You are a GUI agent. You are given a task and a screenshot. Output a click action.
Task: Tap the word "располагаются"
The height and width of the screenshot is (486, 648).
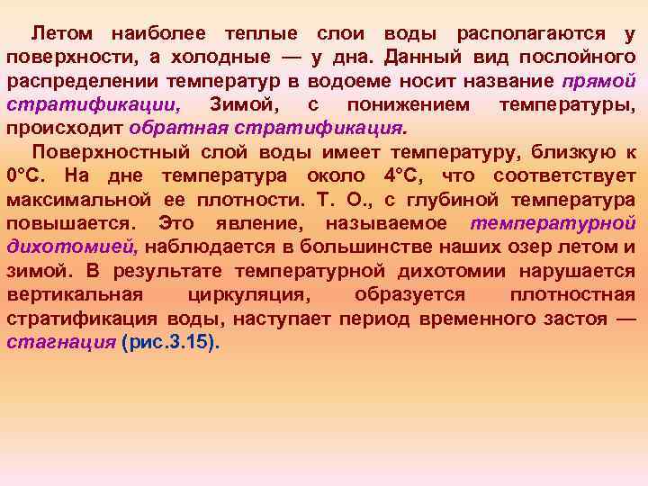pos(530,34)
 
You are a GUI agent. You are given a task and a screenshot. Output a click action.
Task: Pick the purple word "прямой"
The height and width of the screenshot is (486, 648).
pos(599,81)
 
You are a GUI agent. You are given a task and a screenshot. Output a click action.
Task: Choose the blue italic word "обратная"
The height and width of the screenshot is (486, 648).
pos(171,128)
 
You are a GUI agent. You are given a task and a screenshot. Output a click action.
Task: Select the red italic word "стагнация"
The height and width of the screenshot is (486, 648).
pos(59,343)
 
